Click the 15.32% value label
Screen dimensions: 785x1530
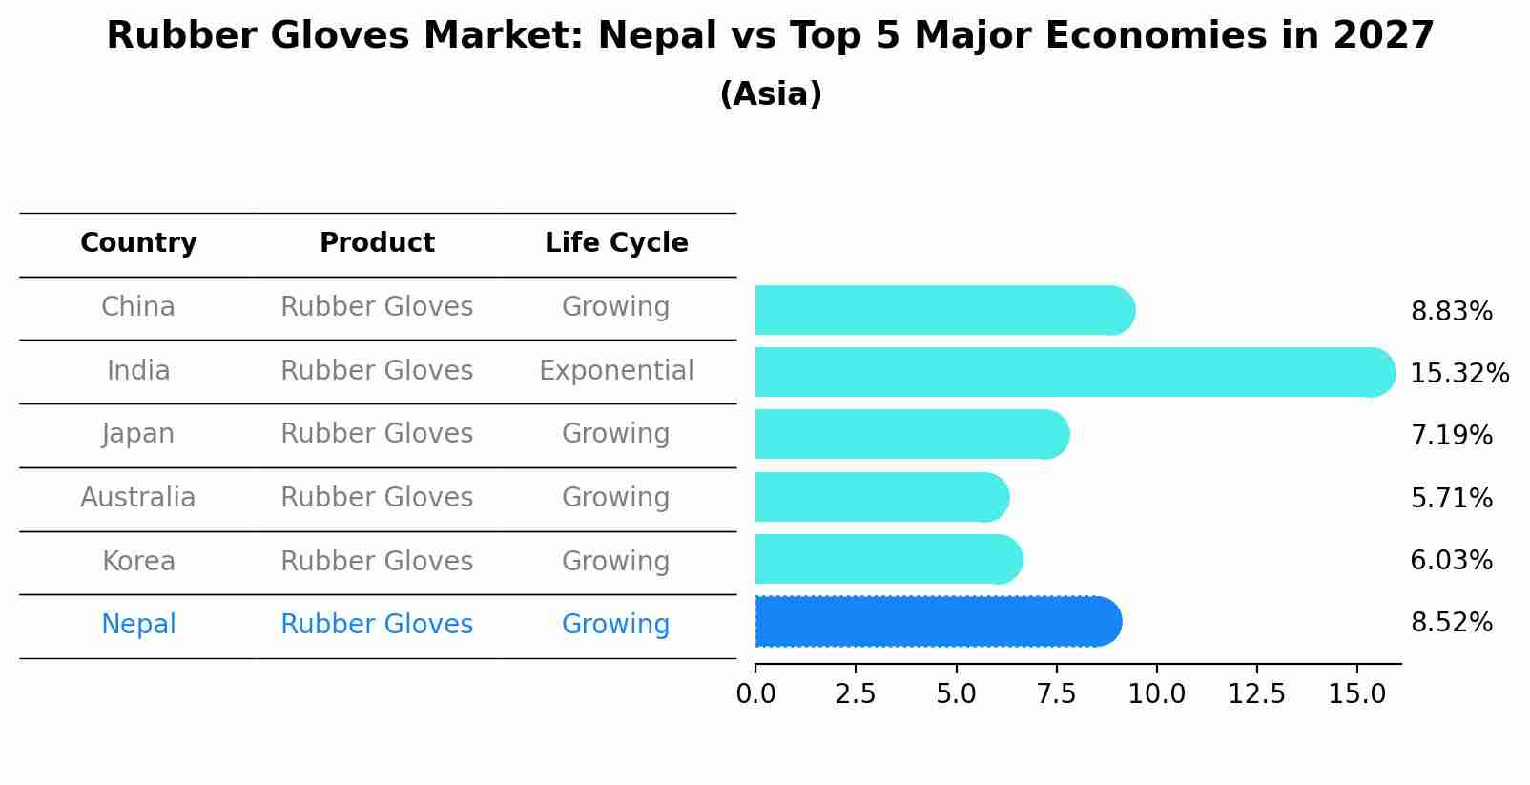pyautogui.click(x=1458, y=373)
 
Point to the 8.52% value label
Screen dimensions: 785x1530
pyautogui.click(x=1451, y=623)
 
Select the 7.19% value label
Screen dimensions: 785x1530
pyautogui.click(x=1451, y=436)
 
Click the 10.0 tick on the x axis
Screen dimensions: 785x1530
pyautogui.click(x=1156, y=694)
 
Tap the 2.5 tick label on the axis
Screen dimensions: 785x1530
pyautogui.click(x=855, y=694)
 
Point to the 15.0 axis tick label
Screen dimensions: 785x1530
pyautogui.click(x=1356, y=694)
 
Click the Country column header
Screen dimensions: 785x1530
pyautogui.click(x=138, y=243)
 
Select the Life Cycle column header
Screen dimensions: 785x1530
pyautogui.click(x=616, y=243)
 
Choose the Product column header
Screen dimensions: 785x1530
pyautogui.click(x=377, y=243)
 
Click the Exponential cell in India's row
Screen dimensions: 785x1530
pyautogui.click(x=616, y=371)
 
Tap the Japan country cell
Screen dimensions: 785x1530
pyautogui.click(x=138, y=434)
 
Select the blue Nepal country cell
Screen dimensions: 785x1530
pyautogui.click(x=138, y=625)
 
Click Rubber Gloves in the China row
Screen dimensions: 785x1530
pyautogui.click(x=377, y=307)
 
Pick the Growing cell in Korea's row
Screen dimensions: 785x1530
pyautogui.click(x=615, y=561)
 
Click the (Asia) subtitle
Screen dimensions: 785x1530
pyautogui.click(x=771, y=94)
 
